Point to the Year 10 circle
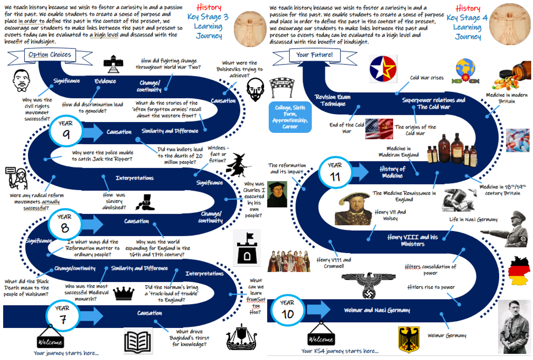point(287,310)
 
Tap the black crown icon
point(124,293)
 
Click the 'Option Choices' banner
point(50,55)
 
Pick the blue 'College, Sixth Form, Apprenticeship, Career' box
point(290,117)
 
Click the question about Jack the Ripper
point(102,155)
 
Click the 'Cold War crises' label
point(426,77)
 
